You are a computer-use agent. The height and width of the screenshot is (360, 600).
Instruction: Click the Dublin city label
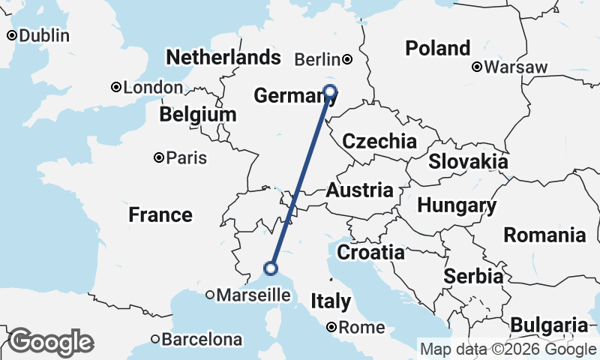click(43, 35)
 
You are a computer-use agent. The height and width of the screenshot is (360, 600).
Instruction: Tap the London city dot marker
click(116, 87)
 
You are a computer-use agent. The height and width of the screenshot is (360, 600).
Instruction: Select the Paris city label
click(187, 158)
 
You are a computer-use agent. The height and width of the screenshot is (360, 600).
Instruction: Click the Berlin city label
click(317, 59)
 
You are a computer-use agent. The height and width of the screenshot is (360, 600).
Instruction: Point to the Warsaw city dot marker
click(477, 67)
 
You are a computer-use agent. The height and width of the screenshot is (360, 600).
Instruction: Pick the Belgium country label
click(198, 115)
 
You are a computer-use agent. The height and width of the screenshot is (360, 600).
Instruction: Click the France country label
click(160, 215)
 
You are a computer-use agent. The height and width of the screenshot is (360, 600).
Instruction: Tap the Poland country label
click(438, 49)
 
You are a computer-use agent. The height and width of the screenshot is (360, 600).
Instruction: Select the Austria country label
click(358, 190)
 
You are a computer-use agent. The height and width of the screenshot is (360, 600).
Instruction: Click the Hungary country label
click(457, 205)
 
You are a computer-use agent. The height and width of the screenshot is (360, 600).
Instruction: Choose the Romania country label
click(544, 235)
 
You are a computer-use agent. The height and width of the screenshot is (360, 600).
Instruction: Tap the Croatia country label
click(370, 252)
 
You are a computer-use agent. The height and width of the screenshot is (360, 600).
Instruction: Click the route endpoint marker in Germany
click(330, 91)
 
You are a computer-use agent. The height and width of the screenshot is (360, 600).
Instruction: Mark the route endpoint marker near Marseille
click(271, 268)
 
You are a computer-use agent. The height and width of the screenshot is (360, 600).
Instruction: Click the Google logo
click(51, 342)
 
